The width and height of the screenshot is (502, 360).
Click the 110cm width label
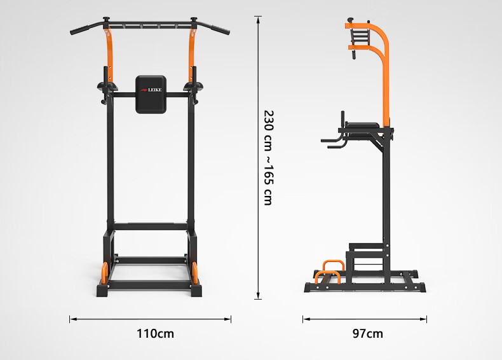155,333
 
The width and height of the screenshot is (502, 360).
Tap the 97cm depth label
367,333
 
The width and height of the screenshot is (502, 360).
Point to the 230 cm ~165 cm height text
268,158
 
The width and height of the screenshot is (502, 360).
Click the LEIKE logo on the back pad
151,90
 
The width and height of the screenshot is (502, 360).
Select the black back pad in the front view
151,95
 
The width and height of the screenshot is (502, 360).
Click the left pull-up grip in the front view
81,30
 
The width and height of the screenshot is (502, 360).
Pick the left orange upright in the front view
109,55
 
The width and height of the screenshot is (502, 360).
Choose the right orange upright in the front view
192,55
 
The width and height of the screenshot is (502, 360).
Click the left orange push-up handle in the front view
104,273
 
